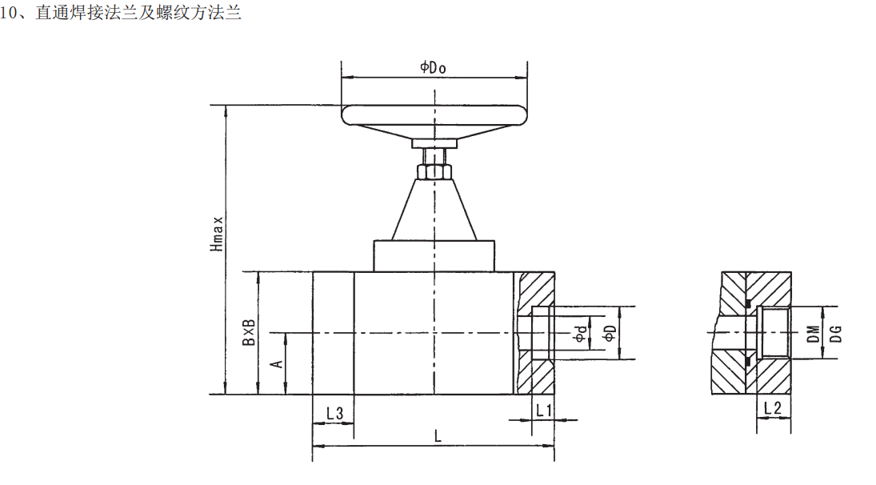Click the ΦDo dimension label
pos(433,67)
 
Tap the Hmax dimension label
pos(217,234)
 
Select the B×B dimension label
pos(249,332)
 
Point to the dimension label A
pos(277,364)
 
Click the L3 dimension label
pos(334,414)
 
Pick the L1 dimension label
pos(543,411)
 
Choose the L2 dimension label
pos(772,408)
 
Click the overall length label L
pos(438,436)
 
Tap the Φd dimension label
pos(581,334)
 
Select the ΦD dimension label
pos(610,333)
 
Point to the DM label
pos(814,334)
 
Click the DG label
pos(835,334)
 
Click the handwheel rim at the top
pos(434,115)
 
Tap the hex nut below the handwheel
pos(434,171)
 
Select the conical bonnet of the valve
pos(434,209)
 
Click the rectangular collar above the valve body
pos(434,256)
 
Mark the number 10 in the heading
pos(7,13)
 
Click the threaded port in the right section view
pos(773,332)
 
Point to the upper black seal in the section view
pos(747,304)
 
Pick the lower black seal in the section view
pos(747,361)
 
